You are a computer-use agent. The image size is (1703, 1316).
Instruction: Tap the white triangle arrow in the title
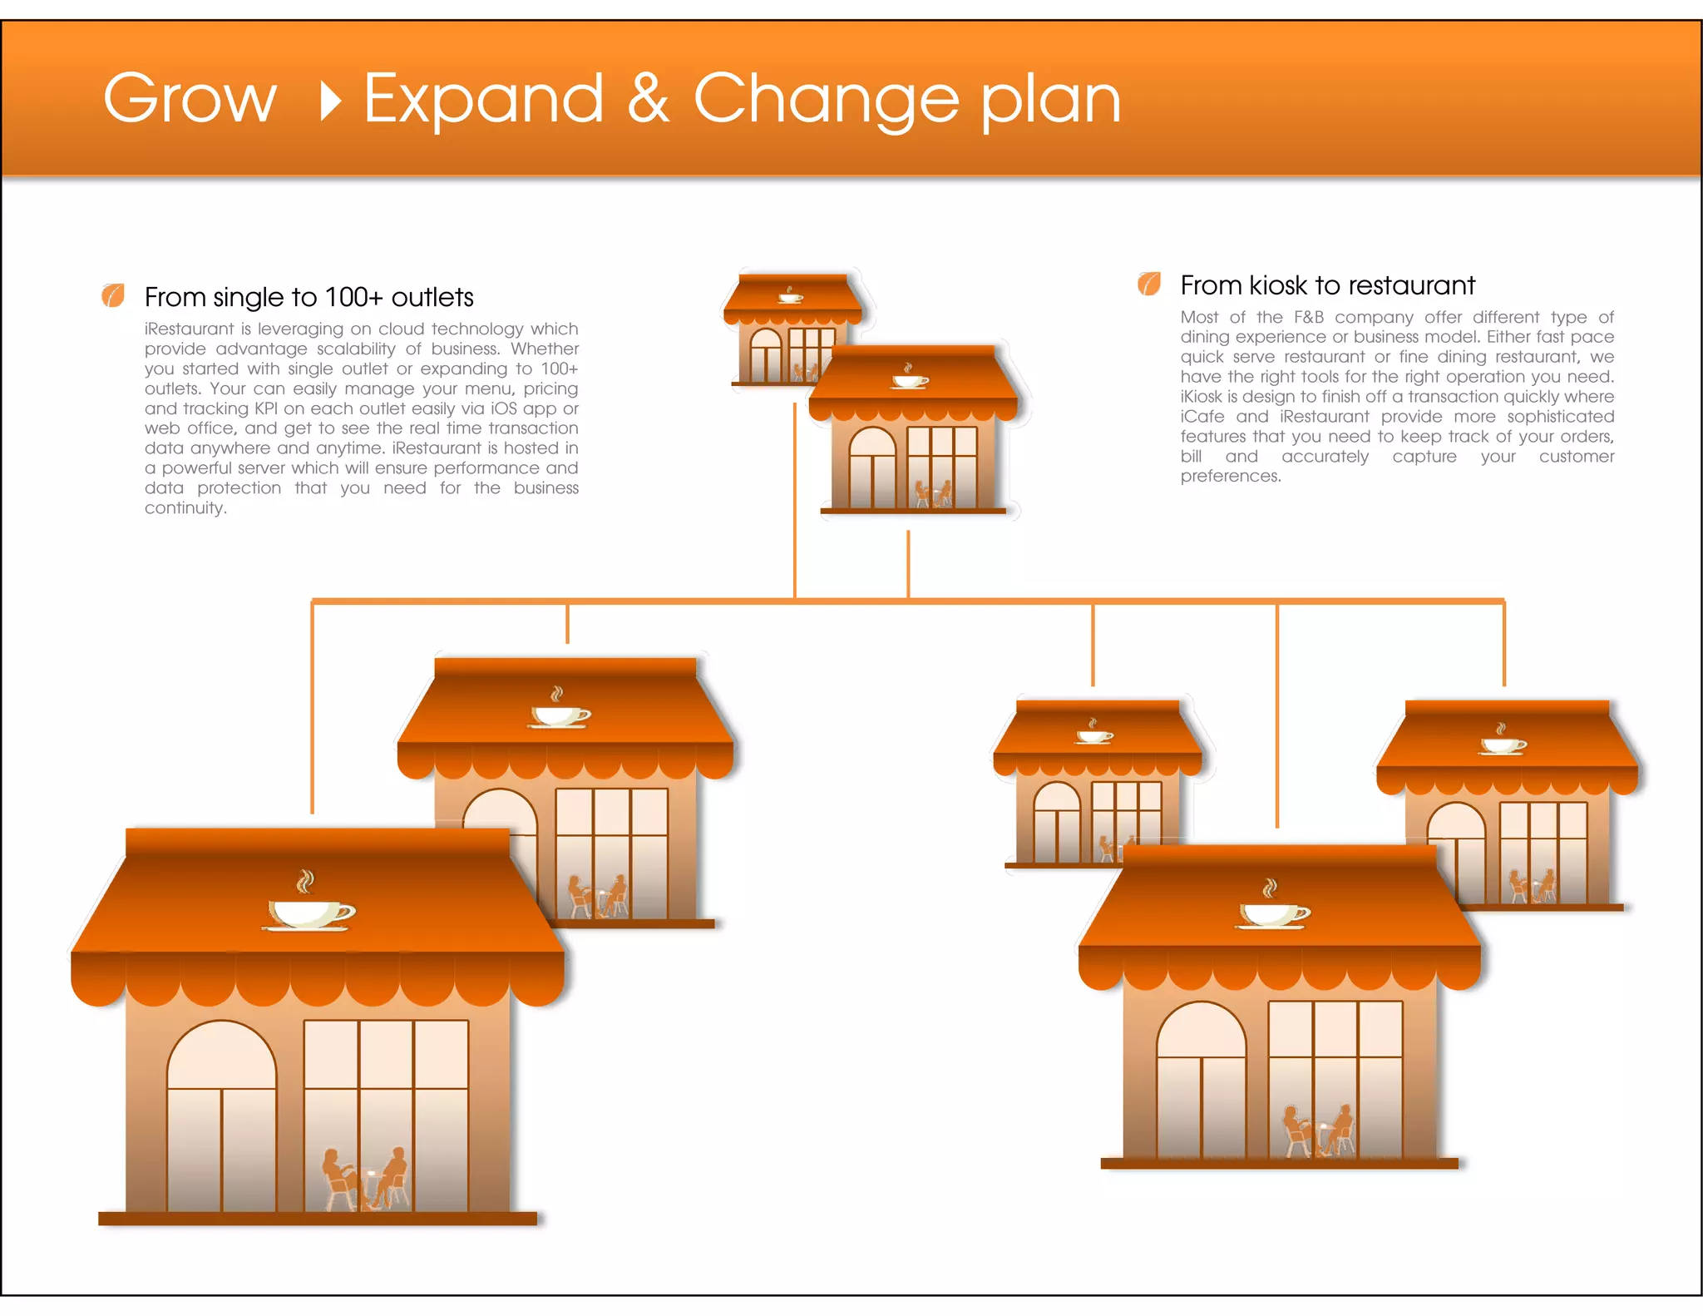pyautogui.click(x=331, y=101)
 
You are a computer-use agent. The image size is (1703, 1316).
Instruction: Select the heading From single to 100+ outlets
pyautogui.click(x=309, y=297)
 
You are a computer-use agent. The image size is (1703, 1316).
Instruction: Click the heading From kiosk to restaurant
pyautogui.click(x=1327, y=285)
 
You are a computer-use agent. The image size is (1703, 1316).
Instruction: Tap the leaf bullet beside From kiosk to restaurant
pyautogui.click(x=1149, y=284)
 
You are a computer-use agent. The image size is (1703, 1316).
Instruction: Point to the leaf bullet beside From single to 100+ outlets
pyautogui.click(x=113, y=295)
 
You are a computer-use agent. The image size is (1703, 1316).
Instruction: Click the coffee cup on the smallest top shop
pyautogui.click(x=790, y=296)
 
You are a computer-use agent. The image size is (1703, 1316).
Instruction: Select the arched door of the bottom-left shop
pyautogui.click(x=221, y=1115)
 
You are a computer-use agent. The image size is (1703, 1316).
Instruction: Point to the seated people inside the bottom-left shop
pyautogui.click(x=366, y=1178)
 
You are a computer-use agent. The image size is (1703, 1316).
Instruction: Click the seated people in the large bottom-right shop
pyautogui.click(x=1317, y=1131)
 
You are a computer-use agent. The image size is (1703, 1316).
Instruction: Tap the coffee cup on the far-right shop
pyautogui.click(x=1503, y=742)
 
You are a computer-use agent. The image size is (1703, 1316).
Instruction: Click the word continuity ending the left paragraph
pyautogui.click(x=185, y=507)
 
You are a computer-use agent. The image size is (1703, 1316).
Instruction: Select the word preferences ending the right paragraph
pyautogui.click(x=1230, y=476)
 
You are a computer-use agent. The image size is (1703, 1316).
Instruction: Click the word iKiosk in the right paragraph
pyautogui.click(x=1201, y=397)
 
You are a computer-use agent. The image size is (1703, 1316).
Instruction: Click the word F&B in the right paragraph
pyautogui.click(x=1308, y=317)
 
